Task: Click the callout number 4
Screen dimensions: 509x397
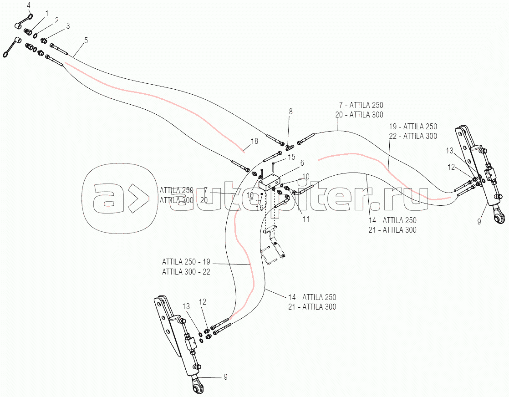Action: pyautogui.click(x=29, y=5)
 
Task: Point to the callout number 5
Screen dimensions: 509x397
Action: pyautogui.click(x=86, y=41)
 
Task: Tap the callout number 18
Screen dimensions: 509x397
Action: pyautogui.click(x=254, y=141)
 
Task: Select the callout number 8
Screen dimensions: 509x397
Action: pyautogui.click(x=290, y=112)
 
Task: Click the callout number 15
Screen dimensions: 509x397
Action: pyautogui.click(x=291, y=157)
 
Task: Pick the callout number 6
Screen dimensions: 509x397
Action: pyautogui.click(x=302, y=163)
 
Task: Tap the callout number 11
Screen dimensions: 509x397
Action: pyautogui.click(x=306, y=219)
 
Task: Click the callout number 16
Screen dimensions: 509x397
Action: pyautogui.click(x=260, y=208)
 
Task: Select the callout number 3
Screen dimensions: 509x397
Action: pyautogui.click(x=68, y=26)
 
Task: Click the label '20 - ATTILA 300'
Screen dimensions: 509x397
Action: pyautogui.click(x=359, y=115)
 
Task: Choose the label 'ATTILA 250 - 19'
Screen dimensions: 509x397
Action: pyautogui.click(x=186, y=262)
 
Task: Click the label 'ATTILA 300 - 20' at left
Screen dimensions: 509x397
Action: pyautogui.click(x=183, y=200)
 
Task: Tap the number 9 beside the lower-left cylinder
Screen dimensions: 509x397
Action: pyautogui.click(x=225, y=377)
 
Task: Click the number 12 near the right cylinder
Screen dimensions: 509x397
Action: pyautogui.click(x=451, y=167)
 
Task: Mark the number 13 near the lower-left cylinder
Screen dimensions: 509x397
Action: pyautogui.click(x=186, y=306)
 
